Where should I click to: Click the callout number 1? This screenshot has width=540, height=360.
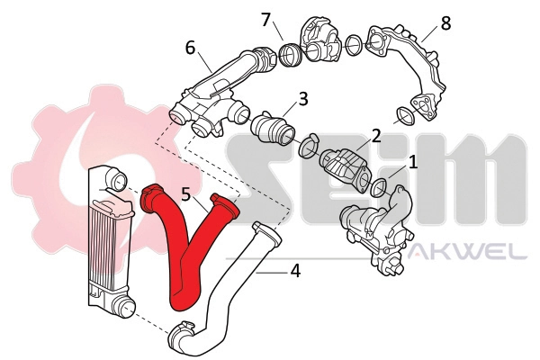pos(413,162)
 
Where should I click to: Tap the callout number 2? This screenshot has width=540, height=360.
pos(376,137)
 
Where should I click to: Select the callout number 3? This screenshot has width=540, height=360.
pos(303,98)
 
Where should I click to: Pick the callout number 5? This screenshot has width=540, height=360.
pos(186,193)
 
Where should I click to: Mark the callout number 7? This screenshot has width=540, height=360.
pos(265,19)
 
